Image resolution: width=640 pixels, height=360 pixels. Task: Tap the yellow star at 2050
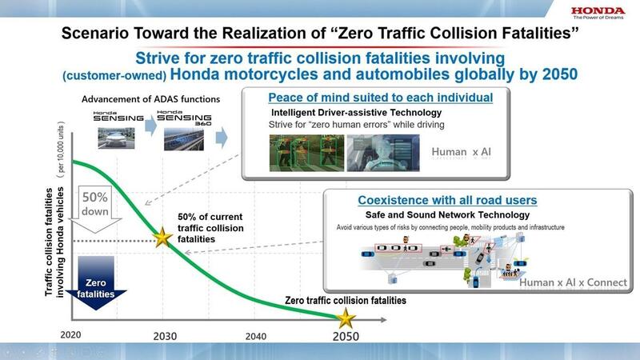tap(346, 318)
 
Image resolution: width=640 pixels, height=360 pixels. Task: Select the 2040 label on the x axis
tap(256, 336)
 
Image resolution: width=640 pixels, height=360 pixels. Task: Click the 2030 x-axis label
tap(165, 336)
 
